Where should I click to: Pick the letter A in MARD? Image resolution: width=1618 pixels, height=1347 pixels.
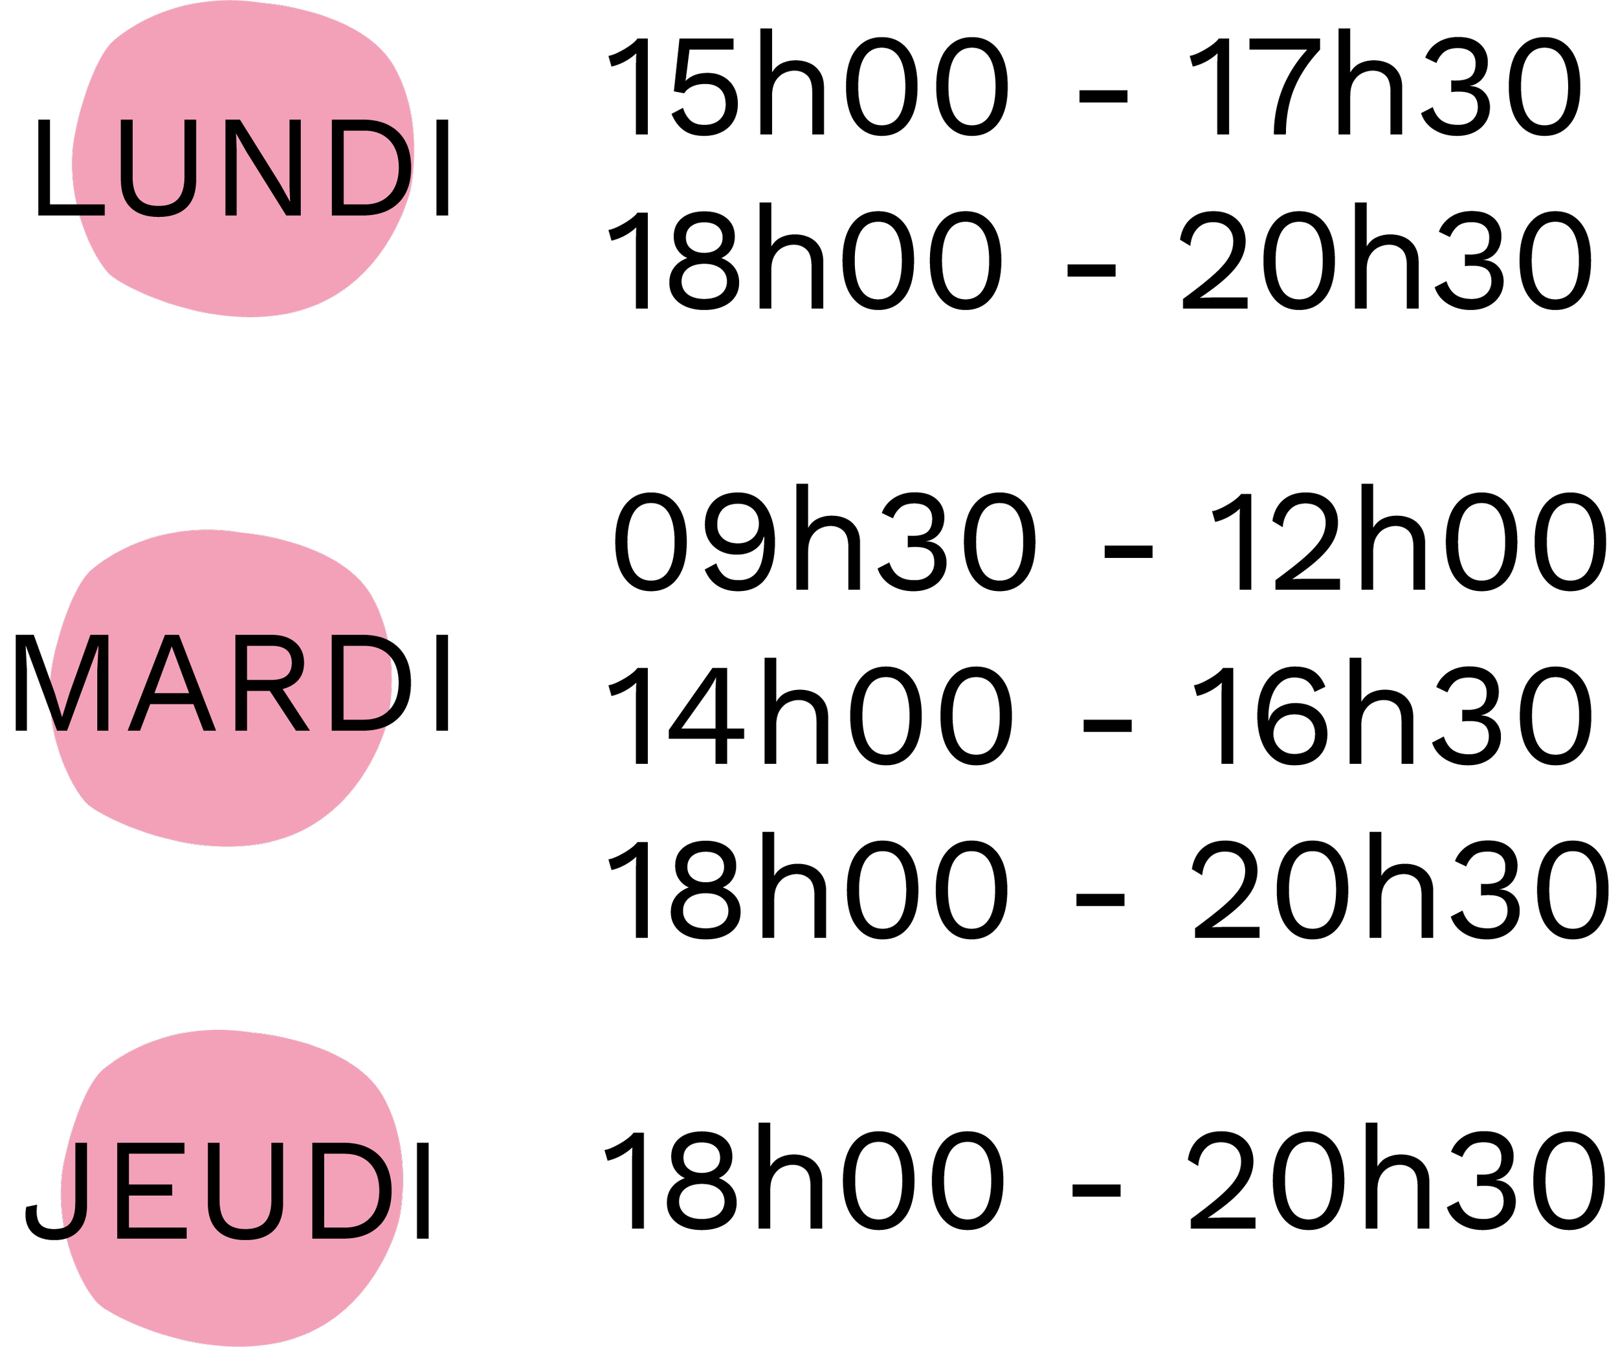tap(171, 682)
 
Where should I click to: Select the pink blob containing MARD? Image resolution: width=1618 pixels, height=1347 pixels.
tap(223, 794)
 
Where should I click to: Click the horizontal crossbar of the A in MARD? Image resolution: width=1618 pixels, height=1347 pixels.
tap(171, 699)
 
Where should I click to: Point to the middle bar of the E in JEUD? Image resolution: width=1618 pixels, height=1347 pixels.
tap(146, 1188)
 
